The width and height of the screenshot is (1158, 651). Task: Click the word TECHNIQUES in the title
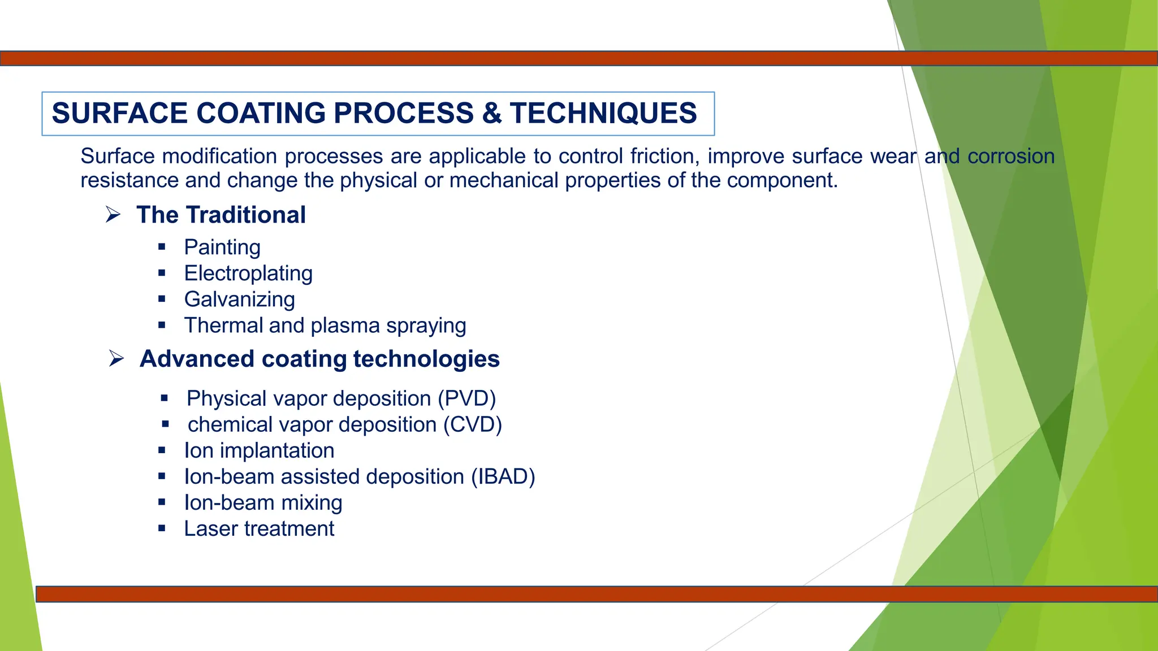coord(603,113)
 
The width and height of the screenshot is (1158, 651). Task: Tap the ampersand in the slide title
coord(491,113)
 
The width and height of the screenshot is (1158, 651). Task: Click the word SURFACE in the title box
coord(119,113)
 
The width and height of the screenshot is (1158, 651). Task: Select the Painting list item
coord(222,248)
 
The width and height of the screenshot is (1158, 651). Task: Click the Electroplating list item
coord(248,274)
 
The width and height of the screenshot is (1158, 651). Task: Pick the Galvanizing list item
coord(239,300)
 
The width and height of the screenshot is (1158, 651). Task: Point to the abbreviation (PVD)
coord(467,399)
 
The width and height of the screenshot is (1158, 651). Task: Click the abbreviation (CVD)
coord(473,425)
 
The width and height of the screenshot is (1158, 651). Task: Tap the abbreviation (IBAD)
coord(503,477)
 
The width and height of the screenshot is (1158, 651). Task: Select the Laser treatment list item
coord(259,529)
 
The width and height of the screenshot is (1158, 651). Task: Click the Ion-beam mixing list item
coord(263,503)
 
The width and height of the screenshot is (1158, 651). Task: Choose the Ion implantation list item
coord(259,451)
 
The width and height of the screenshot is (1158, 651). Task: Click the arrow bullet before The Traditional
coord(113,215)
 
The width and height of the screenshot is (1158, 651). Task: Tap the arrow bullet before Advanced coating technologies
coord(116,359)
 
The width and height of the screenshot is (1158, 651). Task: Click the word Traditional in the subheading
coord(245,215)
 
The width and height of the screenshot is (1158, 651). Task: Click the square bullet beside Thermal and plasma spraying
coord(162,325)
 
